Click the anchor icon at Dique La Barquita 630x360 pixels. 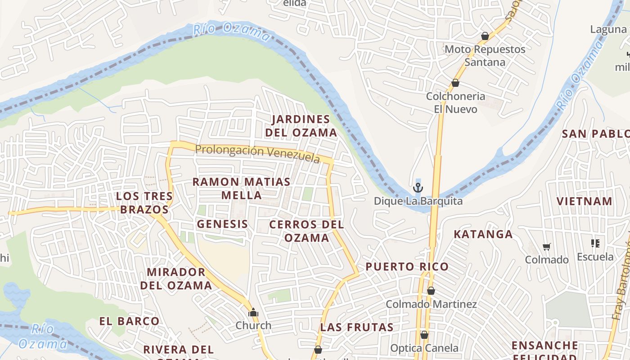click(418, 187)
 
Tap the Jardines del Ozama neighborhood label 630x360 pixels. click(301, 126)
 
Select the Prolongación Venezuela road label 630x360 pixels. click(258, 153)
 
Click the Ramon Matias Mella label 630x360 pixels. click(242, 189)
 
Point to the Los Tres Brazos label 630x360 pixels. click(144, 203)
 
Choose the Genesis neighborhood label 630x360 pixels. click(222, 224)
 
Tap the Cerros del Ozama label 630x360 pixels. click(306, 231)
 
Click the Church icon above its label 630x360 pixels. click(253, 312)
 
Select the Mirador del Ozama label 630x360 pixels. click(176, 279)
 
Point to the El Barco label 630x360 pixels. click(129, 321)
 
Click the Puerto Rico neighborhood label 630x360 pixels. click(407, 267)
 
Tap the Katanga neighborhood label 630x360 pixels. click(483, 234)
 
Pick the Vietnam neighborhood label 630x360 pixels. click(585, 201)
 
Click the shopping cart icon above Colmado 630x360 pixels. click(547, 247)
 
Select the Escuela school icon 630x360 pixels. click(595, 243)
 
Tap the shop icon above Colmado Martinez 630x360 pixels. click(431, 291)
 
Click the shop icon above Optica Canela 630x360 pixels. click(424, 335)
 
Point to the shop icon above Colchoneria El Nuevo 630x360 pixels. click(455, 83)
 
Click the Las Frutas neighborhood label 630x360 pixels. click(357, 327)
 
